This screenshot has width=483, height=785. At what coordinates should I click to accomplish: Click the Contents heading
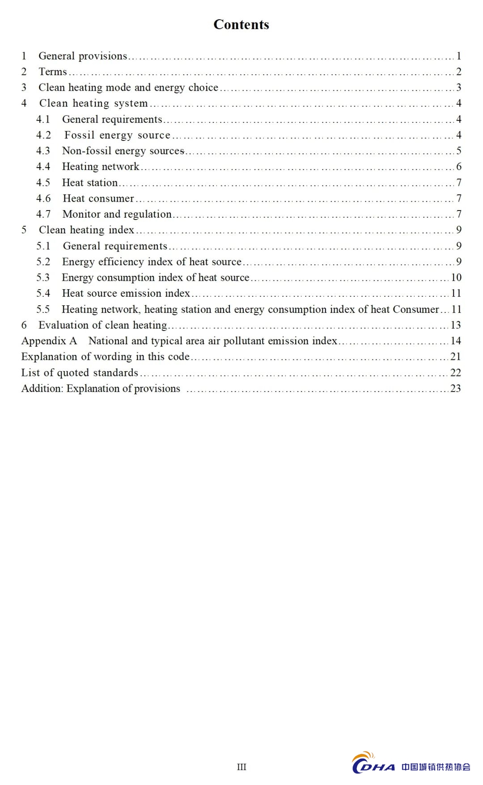click(x=241, y=25)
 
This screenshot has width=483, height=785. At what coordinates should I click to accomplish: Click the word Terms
click(x=53, y=72)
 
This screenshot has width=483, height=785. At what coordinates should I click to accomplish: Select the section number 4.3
click(x=43, y=151)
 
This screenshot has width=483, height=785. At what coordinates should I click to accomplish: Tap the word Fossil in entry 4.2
click(x=79, y=135)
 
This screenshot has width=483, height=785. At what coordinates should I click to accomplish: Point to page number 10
click(x=456, y=277)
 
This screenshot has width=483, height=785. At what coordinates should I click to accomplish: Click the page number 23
click(x=456, y=388)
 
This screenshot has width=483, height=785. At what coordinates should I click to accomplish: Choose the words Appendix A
click(x=49, y=341)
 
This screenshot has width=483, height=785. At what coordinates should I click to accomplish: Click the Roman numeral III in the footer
click(x=241, y=767)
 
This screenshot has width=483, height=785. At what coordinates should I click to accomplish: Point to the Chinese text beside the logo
click(x=436, y=767)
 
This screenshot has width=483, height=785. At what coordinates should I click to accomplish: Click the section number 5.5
click(x=43, y=309)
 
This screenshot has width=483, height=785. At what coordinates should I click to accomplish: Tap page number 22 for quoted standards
click(x=456, y=372)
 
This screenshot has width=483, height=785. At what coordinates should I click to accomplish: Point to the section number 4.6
click(x=43, y=198)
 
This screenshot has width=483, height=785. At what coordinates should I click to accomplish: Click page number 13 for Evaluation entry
click(x=456, y=325)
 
